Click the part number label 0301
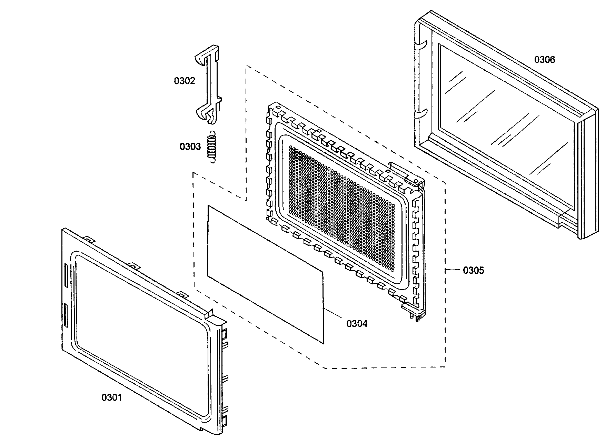[x=111, y=397]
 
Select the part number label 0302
[x=184, y=81]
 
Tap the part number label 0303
[x=190, y=147]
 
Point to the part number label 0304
[x=357, y=323]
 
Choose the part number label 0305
[x=473, y=270]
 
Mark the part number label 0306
[x=545, y=60]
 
